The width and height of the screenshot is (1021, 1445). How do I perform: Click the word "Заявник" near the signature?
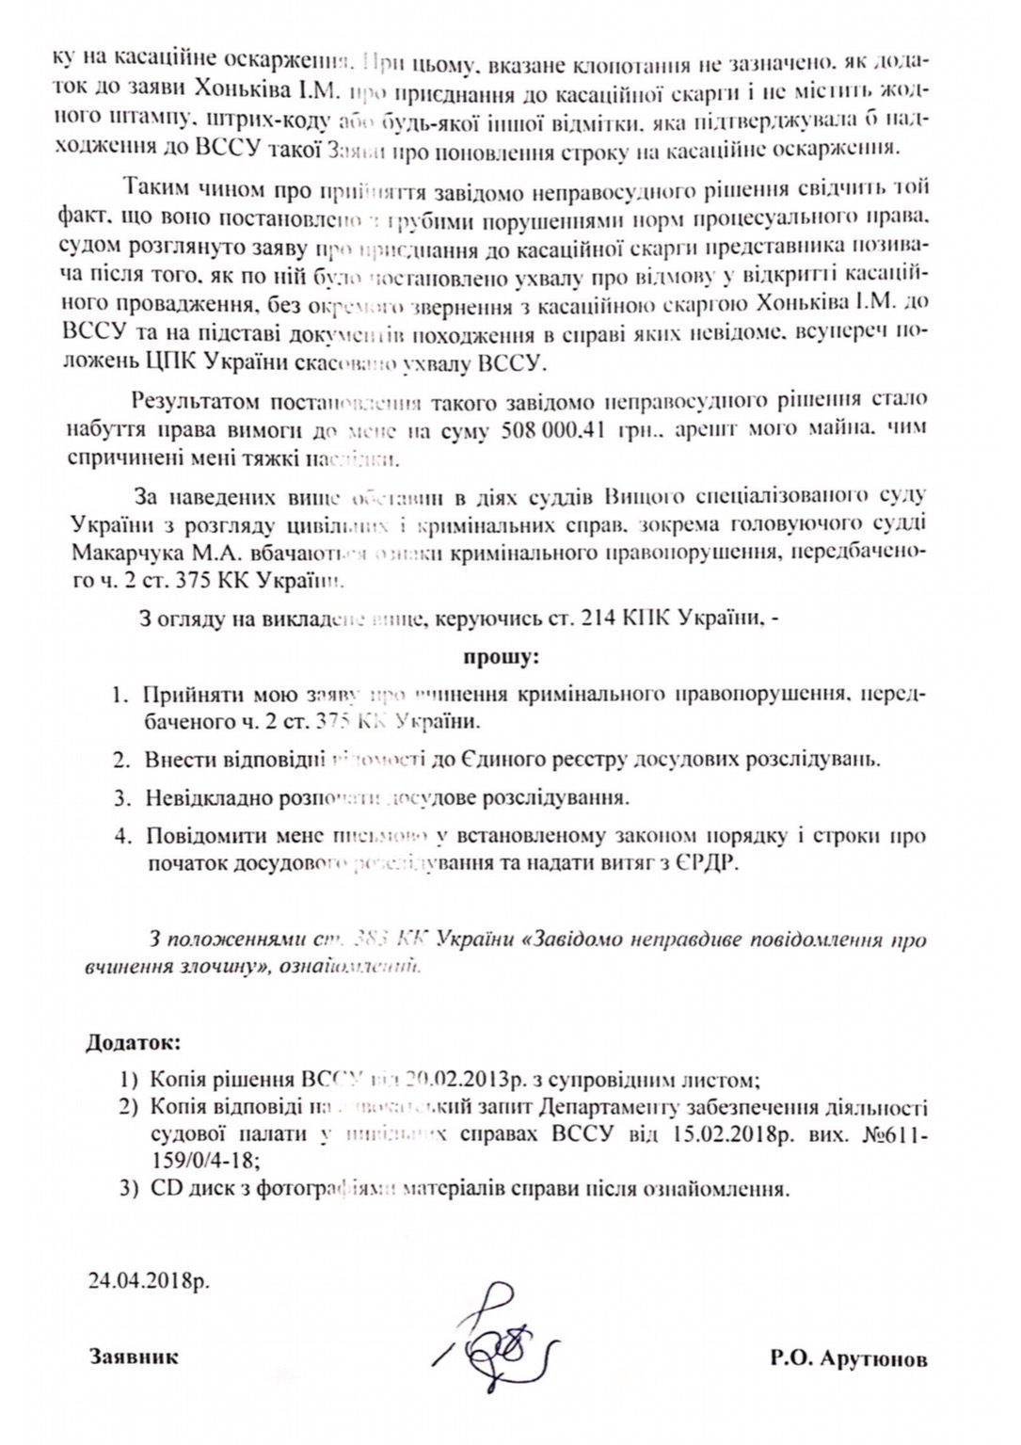point(134,1358)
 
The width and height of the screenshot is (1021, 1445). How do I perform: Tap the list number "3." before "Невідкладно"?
point(122,798)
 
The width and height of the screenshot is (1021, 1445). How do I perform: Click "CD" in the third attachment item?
point(160,1188)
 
